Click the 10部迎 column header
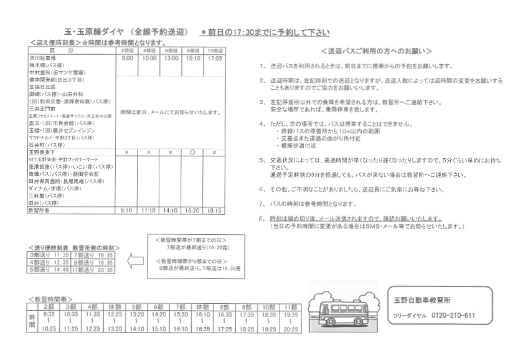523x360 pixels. pos(214,50)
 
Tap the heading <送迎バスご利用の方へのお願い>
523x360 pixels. pos(377,50)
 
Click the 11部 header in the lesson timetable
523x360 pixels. pos(289,307)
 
